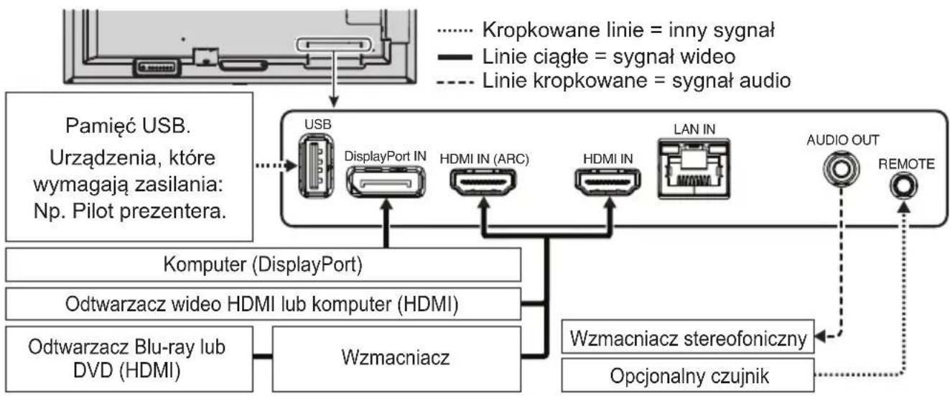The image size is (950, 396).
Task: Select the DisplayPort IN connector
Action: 385,182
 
